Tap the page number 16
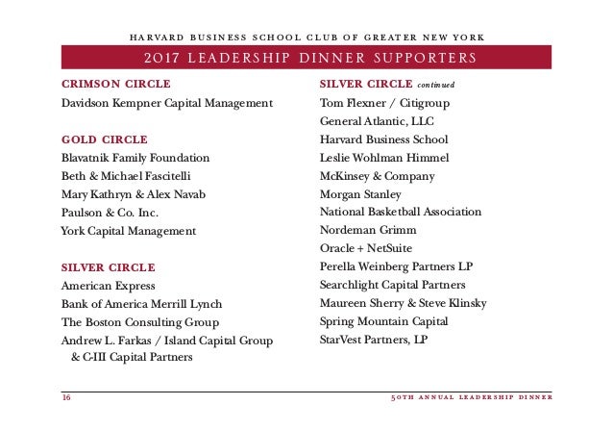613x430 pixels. (66, 397)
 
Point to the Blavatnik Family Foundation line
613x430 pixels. (135, 158)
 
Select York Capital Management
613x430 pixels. (128, 231)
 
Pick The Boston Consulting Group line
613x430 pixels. (140, 323)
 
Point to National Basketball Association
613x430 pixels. (404, 213)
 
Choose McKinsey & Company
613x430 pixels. (377, 176)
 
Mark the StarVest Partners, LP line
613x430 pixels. (376, 341)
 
